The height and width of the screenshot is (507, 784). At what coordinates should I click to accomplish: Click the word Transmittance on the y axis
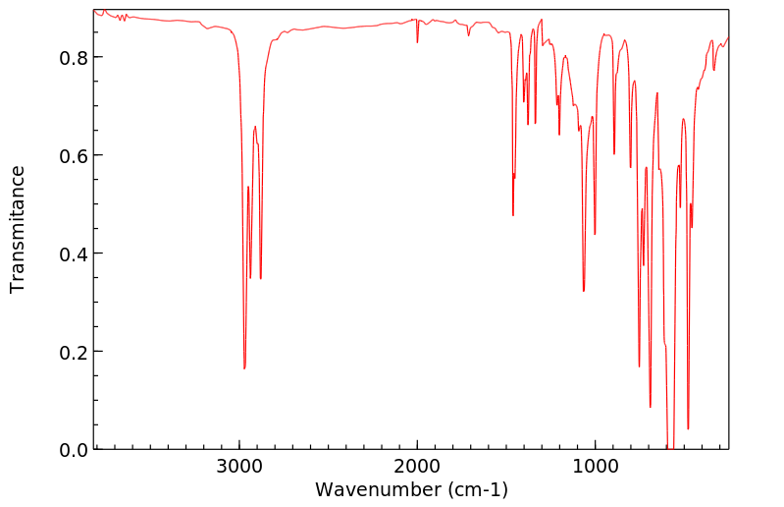[x=18, y=229]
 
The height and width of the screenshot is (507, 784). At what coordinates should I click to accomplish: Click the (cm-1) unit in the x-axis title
[x=476, y=489]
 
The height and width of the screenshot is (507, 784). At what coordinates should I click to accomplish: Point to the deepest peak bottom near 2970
[x=244, y=368]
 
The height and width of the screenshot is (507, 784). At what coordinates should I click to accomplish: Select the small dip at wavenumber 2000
[x=417, y=42]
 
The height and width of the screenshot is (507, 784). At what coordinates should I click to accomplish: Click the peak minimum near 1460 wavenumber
[x=513, y=215]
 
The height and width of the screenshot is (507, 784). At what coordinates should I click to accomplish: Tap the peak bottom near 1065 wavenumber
[x=584, y=291]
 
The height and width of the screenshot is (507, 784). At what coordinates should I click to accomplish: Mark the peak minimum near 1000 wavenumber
[x=595, y=234]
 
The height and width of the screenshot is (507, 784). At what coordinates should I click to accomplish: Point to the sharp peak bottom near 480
[x=688, y=428]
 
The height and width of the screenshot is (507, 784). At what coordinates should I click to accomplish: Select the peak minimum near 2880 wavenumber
[x=260, y=278]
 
